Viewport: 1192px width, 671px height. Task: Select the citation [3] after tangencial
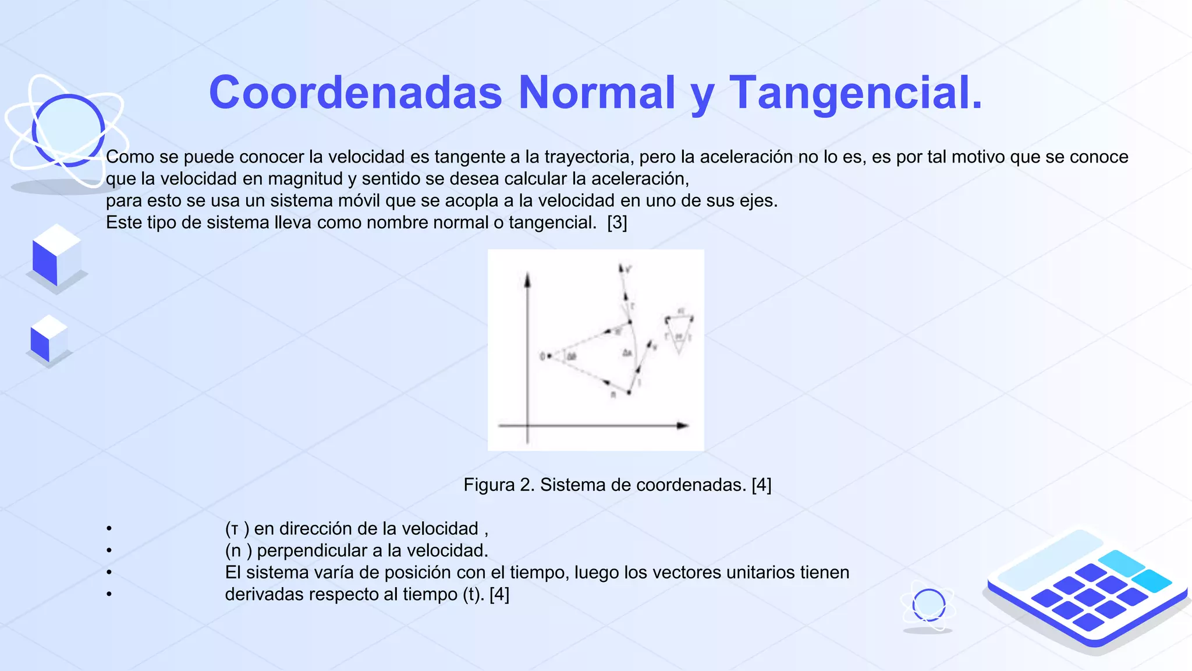[617, 223]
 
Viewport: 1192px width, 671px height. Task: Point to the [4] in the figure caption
[761, 485]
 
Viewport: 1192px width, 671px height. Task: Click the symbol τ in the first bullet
[234, 529]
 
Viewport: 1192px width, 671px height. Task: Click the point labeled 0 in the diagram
[549, 356]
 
